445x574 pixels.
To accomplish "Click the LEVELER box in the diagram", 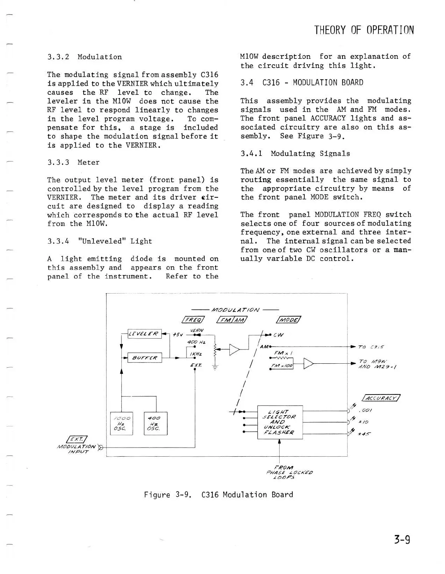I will (x=144, y=334).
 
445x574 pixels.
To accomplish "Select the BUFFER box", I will (x=144, y=358).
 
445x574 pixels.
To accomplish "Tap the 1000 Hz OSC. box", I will (x=121, y=423).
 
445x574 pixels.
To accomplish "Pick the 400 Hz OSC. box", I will (x=156, y=423).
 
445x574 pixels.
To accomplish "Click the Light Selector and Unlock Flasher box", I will (x=280, y=422).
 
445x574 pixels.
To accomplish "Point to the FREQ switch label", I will (x=193, y=320).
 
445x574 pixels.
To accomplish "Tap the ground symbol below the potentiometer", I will (x=215, y=368).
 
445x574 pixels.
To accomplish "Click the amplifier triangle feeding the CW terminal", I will (x=234, y=350).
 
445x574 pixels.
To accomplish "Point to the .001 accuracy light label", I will (x=365, y=411).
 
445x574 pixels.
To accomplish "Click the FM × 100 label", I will (x=282, y=366).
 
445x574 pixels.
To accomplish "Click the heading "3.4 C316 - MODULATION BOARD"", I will (x=302, y=83).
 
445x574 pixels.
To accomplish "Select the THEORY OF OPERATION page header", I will (x=364, y=30).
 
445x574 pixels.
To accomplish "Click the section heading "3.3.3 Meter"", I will (x=73, y=162).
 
